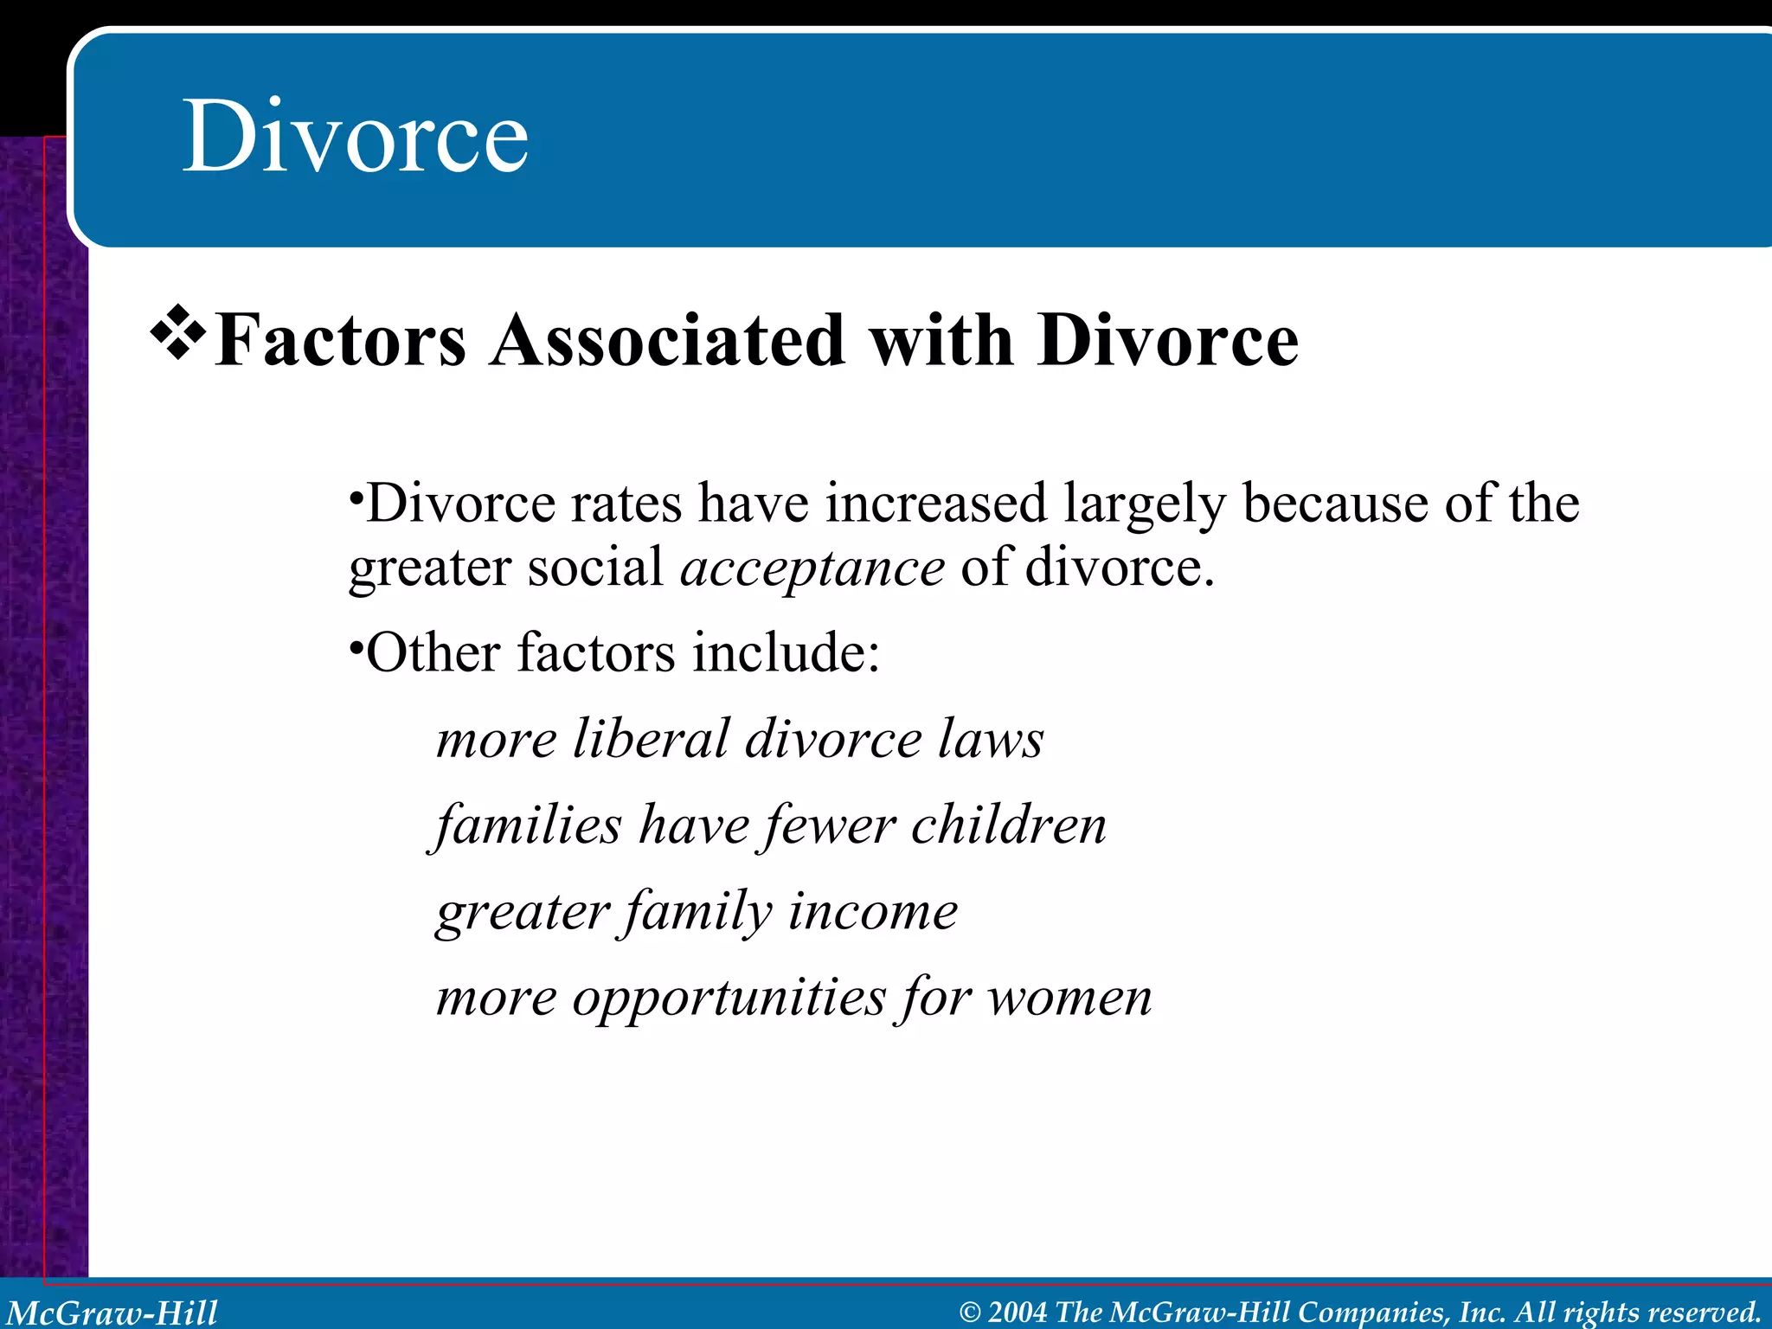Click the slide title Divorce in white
(355, 137)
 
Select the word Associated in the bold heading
(667, 340)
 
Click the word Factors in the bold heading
(340, 340)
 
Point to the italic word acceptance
(812, 568)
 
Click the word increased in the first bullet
(935, 504)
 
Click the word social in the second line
(595, 568)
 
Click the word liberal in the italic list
(652, 740)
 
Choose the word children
(1009, 825)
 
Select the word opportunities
(729, 998)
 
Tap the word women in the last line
(1070, 998)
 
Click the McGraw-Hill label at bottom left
(112, 1313)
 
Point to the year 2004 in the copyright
(1018, 1313)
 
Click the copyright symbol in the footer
(970, 1313)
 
